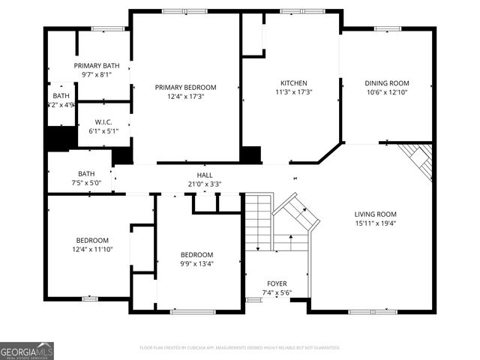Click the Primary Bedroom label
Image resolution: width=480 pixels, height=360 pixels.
186,87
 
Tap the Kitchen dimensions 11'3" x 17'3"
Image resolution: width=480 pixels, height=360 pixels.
294,92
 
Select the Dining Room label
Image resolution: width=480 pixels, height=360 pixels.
387,82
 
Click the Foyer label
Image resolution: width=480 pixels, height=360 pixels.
276,283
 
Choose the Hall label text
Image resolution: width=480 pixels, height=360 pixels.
205,175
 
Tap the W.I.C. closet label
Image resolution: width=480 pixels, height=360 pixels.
103,121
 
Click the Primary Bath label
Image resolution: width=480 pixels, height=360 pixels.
96,66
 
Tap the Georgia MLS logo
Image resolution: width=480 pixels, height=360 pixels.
27,350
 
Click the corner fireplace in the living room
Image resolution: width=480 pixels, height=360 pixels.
418,160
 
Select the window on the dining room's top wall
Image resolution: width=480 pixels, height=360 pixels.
387,28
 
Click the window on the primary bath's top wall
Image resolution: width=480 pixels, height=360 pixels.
107,28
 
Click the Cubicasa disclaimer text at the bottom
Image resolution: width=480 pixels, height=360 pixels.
240,348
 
